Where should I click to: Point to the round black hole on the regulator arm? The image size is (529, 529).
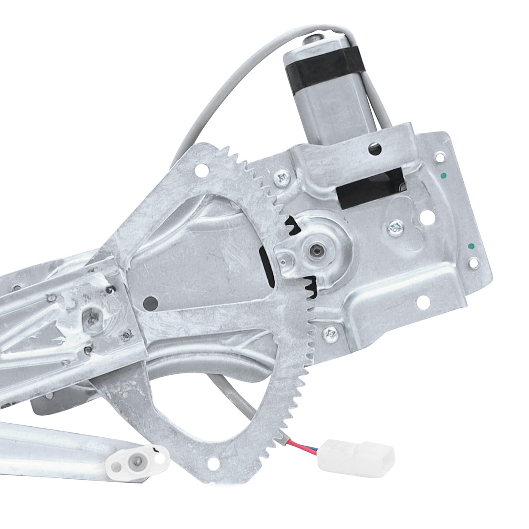coord(151,302)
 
